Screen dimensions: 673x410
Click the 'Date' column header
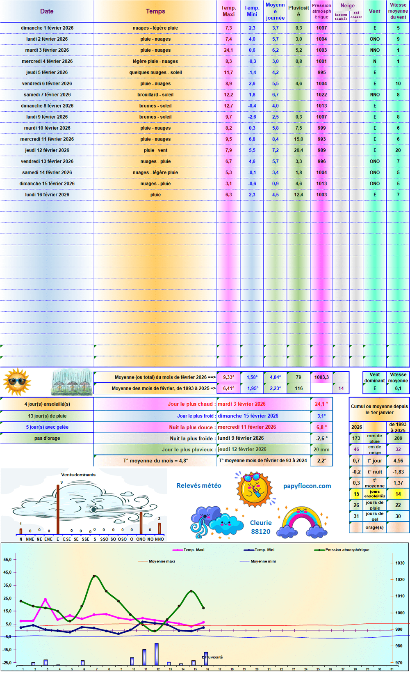tap(47, 11)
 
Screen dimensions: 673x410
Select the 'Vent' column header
tap(374, 11)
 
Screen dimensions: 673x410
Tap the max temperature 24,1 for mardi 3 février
tap(228, 50)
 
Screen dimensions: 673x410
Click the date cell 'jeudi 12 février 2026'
tap(47, 150)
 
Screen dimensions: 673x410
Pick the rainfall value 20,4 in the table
tap(298, 150)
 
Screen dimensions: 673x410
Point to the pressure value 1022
tap(321, 94)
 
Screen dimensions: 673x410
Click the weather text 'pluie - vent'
tap(155, 150)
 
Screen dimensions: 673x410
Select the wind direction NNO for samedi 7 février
tap(374, 94)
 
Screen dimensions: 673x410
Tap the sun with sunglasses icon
tap(17, 382)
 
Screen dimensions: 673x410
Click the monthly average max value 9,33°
tap(228, 377)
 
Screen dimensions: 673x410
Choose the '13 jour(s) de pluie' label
tap(47, 416)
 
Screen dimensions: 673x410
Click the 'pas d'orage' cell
tap(47, 438)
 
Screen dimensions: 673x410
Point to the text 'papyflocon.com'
tap(307, 486)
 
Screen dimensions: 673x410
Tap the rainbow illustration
tap(303, 522)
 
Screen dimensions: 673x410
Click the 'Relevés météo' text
tap(199, 486)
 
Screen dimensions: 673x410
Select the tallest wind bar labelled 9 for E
tap(58, 509)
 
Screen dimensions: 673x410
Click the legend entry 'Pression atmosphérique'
tap(347, 550)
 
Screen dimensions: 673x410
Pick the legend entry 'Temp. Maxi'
tap(194, 550)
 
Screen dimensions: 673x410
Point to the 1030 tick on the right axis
tap(400, 563)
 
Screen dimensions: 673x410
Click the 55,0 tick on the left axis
tap(8, 560)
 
